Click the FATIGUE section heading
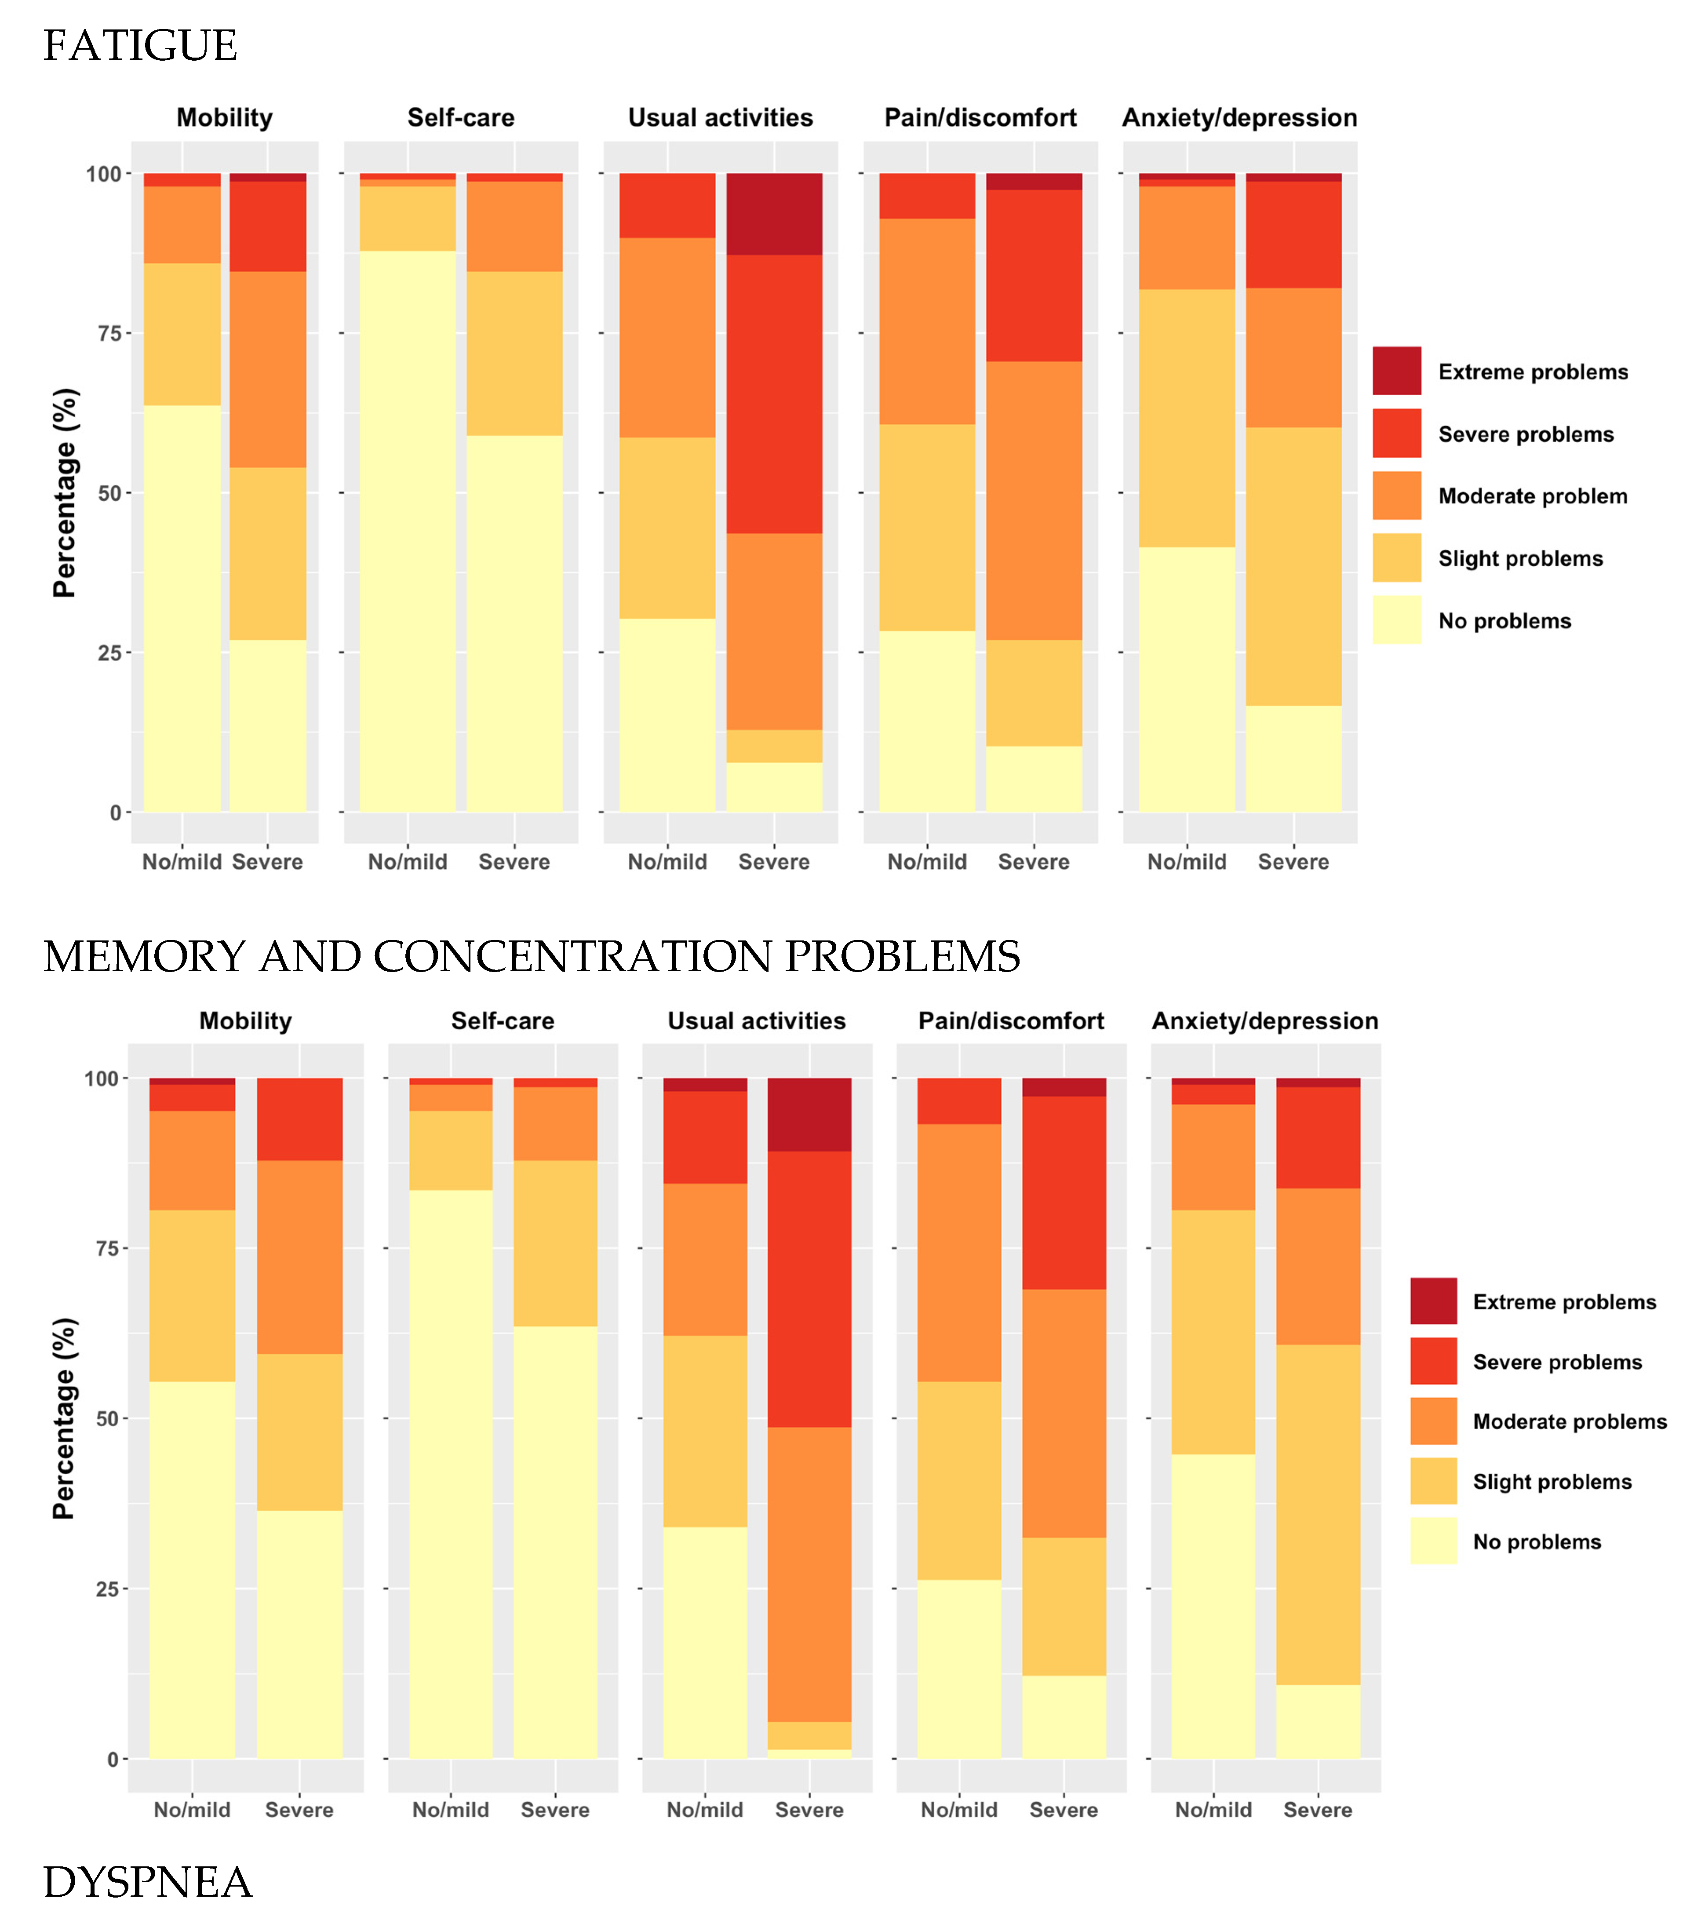[140, 45]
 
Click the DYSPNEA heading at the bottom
[147, 1882]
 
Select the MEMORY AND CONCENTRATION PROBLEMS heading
[531, 956]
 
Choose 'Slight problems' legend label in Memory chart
[1552, 1481]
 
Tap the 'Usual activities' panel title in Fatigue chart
[720, 118]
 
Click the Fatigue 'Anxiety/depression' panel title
[1239, 118]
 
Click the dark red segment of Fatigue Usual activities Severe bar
[774, 215]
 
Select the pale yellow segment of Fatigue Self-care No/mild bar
[407, 529]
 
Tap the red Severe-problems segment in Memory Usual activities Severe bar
[809, 1289]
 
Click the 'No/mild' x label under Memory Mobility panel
[192, 1810]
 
